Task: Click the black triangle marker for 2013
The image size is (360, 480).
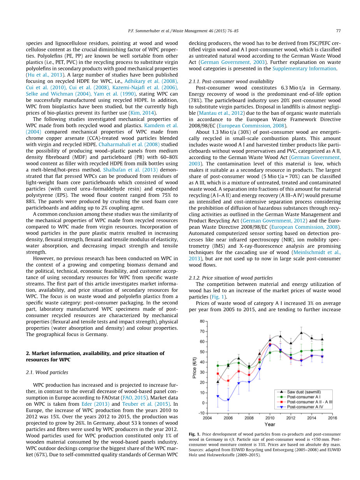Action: coord(301,333)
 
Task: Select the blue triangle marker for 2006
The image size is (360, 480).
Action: coord(228,400)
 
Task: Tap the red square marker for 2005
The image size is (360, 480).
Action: coord(218,374)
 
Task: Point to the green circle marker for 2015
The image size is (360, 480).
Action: coord(322,350)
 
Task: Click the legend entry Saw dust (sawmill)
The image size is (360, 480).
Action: coord(302,392)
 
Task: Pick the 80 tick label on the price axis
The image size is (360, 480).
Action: coord(202,321)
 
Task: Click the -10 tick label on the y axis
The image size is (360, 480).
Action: coord(201,413)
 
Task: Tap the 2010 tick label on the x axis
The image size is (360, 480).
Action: coord(270,418)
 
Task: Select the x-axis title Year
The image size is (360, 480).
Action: coord(270,424)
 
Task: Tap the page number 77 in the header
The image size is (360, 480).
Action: coord(338,31)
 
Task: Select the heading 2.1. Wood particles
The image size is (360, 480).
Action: coord(47,372)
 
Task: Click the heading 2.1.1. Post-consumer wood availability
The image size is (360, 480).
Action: coord(231,81)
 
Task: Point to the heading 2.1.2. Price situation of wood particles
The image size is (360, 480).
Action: coord(230,278)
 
